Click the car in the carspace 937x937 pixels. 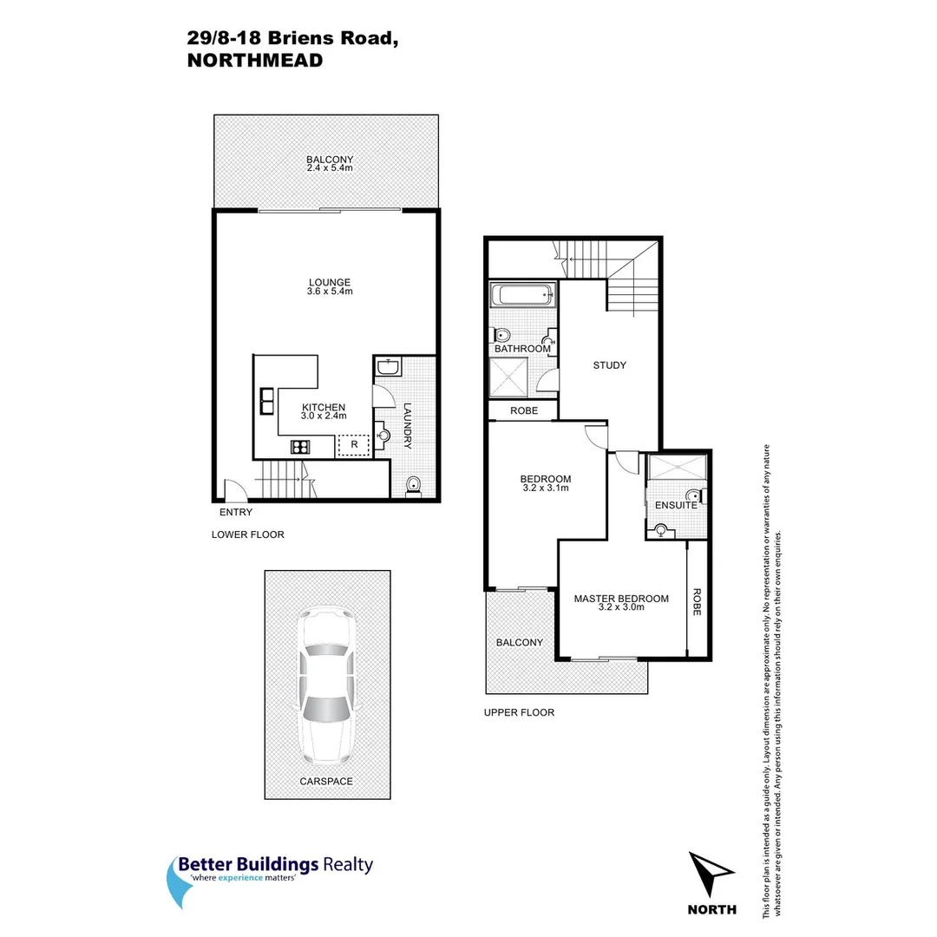click(326, 684)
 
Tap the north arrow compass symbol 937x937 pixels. click(711, 875)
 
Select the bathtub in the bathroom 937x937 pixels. click(523, 295)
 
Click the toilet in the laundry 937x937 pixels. click(413, 487)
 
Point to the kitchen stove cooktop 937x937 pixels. click(301, 448)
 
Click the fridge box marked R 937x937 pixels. click(354, 445)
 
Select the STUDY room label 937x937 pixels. click(609, 365)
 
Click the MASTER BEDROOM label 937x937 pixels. click(621, 599)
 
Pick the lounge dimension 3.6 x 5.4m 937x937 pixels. click(329, 292)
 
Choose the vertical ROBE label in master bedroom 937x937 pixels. click(697, 602)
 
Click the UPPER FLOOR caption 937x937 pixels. click(520, 712)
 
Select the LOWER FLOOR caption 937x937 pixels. click(247, 534)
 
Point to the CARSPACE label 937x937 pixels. click(326, 781)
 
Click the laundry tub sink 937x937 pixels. click(389, 369)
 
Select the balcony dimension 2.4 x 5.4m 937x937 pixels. click(330, 167)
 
